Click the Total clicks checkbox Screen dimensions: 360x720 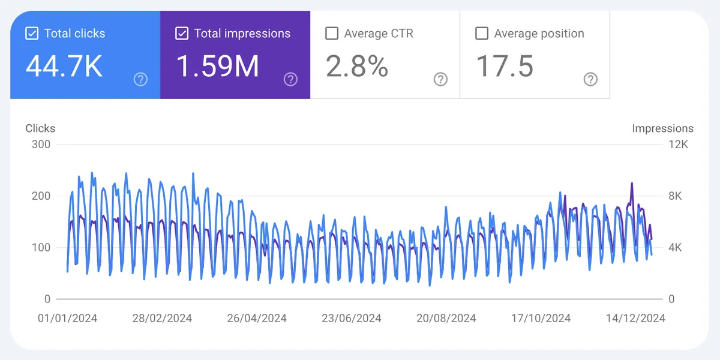(32, 34)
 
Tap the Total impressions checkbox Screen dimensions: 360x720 (182, 34)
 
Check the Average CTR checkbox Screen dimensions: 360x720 (332, 34)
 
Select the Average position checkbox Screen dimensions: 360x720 (482, 34)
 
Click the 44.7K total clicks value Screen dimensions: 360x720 (64, 66)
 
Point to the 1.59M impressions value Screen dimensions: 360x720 (218, 66)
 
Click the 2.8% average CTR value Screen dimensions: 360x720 (357, 66)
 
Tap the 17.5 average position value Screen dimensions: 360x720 (505, 66)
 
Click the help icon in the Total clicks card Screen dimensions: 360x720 (140, 79)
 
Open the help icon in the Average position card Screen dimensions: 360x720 (590, 79)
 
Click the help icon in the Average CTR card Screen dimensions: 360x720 (440, 79)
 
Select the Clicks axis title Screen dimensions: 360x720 (40, 128)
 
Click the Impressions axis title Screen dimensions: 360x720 (662, 128)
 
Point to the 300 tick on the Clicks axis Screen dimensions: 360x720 (41, 145)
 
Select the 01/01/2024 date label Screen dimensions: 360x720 (67, 318)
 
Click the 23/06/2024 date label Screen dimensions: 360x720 (352, 318)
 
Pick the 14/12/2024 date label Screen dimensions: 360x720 (635, 318)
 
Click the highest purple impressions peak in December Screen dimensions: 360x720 (632, 184)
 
